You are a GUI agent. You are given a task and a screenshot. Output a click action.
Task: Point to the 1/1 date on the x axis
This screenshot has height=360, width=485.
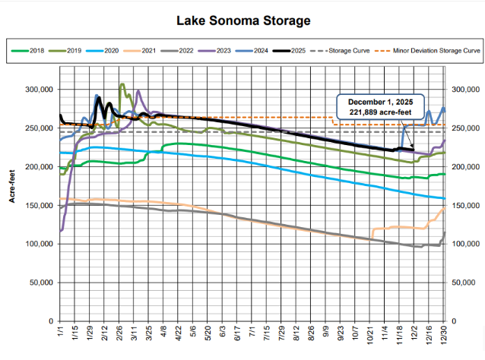pyautogui.click(x=61, y=332)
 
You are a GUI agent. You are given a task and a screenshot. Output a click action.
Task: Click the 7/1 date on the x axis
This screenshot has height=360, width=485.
pyautogui.click(x=252, y=333)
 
